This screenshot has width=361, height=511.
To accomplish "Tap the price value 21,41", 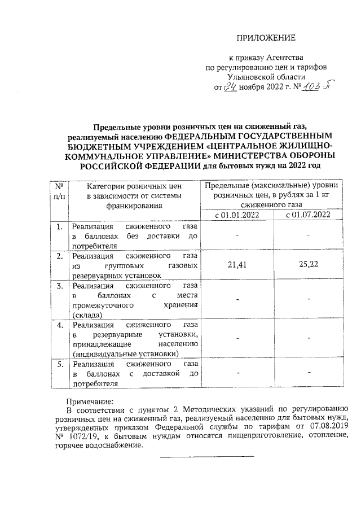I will click(237, 263).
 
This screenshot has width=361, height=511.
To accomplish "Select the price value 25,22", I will click(308, 263).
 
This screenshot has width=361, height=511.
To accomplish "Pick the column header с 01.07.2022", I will click(308, 215).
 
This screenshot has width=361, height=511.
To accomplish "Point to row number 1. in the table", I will click(58, 227).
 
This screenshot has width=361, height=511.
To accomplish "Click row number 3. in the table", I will click(58, 286).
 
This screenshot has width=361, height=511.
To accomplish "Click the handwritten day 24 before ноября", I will click(230, 88).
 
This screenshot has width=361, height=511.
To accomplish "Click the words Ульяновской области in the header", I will click(265, 77).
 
